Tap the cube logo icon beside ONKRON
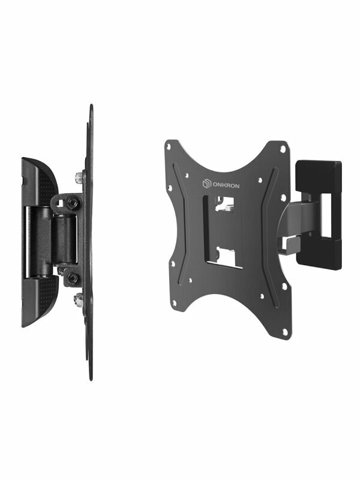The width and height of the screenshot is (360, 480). [206, 184]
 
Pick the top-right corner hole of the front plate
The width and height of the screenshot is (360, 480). [283, 149]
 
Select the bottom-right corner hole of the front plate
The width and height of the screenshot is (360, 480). [285, 332]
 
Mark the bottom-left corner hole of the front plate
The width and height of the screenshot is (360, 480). [175, 303]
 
